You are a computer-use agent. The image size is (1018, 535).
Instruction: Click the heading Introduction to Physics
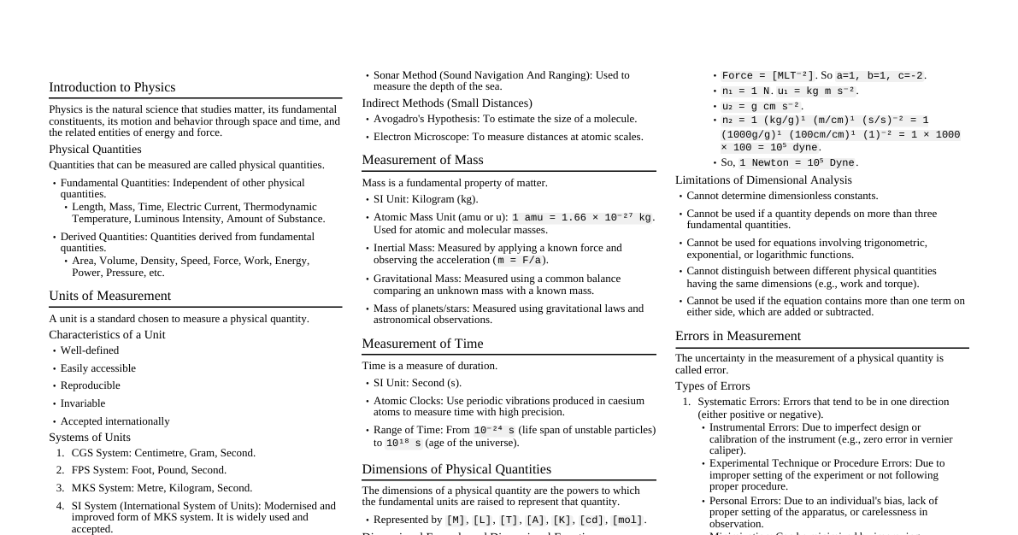click(x=112, y=87)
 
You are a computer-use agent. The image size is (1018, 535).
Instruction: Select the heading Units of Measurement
click(x=109, y=296)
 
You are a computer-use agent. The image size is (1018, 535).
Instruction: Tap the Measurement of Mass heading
click(x=422, y=160)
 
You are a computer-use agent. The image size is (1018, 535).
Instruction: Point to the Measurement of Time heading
click(x=422, y=344)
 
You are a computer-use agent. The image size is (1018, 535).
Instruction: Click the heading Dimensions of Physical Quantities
click(x=456, y=469)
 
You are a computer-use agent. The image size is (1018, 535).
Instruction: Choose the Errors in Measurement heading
click(x=738, y=336)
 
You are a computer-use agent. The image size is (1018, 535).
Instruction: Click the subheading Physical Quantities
click(x=95, y=150)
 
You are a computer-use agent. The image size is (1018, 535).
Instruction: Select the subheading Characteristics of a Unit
click(x=107, y=335)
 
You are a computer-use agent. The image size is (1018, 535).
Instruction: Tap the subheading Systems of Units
click(x=90, y=438)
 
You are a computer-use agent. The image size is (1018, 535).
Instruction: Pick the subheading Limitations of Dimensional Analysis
click(x=763, y=180)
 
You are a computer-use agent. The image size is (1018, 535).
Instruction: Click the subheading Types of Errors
click(x=712, y=386)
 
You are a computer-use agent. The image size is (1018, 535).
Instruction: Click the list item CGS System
click(x=163, y=453)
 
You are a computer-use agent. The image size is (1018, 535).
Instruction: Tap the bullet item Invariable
click(x=83, y=403)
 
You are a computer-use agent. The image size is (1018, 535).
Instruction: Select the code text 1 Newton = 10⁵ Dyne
click(x=797, y=163)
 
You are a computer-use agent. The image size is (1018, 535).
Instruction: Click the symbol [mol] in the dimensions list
click(x=627, y=520)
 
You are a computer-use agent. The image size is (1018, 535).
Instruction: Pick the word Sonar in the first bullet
click(x=387, y=75)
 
